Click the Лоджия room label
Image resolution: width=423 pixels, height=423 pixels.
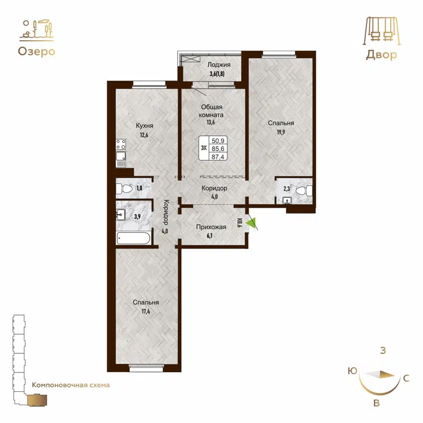point(212,65)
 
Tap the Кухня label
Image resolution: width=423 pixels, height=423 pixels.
point(144,126)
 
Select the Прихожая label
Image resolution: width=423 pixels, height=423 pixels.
point(212,227)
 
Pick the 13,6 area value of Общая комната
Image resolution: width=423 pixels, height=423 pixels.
point(211,122)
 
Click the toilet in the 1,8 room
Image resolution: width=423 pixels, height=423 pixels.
point(125,188)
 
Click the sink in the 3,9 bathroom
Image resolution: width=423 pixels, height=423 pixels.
point(121,215)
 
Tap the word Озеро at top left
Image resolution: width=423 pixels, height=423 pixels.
point(36,51)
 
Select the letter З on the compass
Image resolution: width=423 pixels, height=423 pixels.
point(383,350)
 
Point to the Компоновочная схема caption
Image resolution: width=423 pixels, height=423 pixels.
point(71,385)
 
